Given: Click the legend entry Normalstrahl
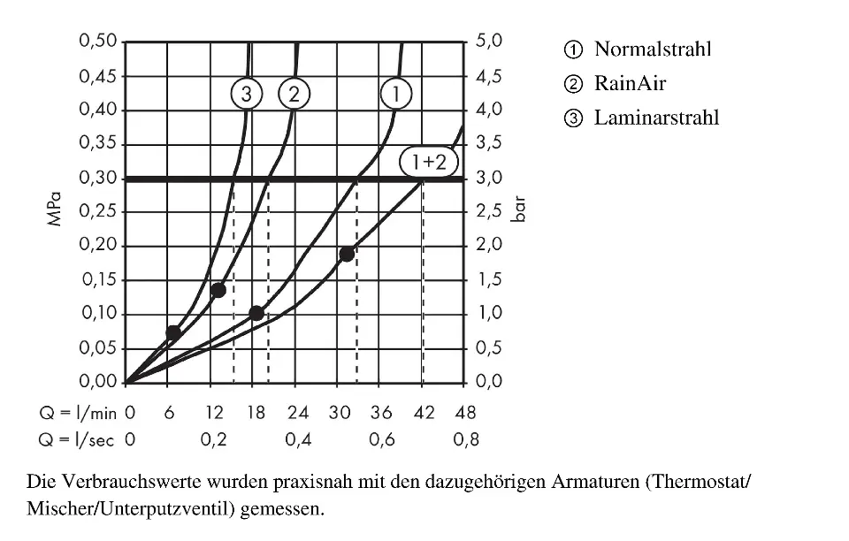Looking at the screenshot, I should pos(652,49).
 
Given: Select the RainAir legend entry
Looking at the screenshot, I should pos(629,84).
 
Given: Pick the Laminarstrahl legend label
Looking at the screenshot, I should pos(655,118).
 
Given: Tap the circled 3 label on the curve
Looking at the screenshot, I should pos(247,93).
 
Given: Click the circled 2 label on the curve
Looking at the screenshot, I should pos(294,93).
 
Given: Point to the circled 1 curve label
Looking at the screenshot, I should pos(396,93).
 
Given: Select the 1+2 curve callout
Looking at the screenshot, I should pos(429,162).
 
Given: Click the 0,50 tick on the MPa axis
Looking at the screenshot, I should pos(97,42).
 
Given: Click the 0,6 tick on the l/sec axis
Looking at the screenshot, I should pos(381,440).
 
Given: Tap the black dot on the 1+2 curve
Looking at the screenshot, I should pos(347,255).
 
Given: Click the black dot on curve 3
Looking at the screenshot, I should pos(173,333).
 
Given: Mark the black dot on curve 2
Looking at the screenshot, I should pos(218,290).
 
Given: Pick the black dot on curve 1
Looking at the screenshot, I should pos(256,313).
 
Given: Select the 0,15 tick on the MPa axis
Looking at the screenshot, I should pos(97,280).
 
